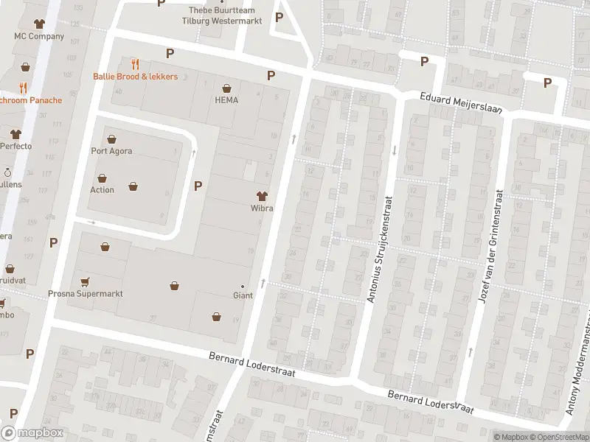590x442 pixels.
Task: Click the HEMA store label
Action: click(x=226, y=100)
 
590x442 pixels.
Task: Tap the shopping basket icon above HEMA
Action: click(x=226, y=87)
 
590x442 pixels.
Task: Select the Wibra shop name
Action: click(x=261, y=208)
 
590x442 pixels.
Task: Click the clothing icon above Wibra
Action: click(x=261, y=195)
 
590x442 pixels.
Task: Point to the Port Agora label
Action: click(x=111, y=152)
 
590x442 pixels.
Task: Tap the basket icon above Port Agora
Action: click(x=111, y=138)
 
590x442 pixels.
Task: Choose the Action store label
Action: click(x=102, y=190)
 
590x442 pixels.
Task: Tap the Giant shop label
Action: click(x=243, y=295)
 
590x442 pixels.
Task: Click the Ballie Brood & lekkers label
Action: click(x=135, y=77)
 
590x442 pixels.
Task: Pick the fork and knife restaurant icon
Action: click(x=135, y=64)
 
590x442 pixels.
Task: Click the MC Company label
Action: click(x=39, y=36)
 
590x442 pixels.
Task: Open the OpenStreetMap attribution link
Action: click(x=562, y=437)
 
